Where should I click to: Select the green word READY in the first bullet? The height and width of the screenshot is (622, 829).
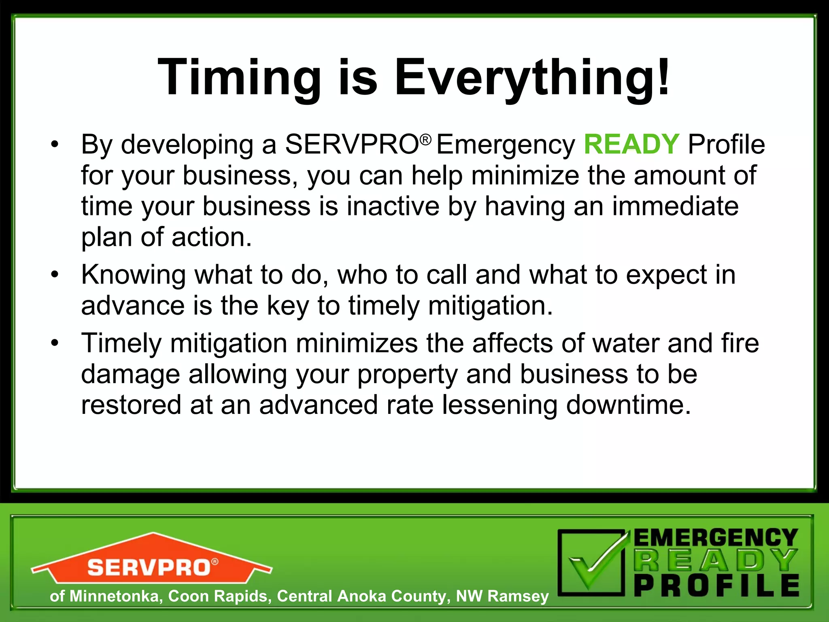(631, 144)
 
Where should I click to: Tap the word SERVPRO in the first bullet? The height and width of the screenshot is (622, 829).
(352, 144)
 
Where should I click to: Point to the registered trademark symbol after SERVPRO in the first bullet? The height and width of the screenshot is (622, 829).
(425, 140)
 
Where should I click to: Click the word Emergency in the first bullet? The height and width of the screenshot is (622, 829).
(506, 145)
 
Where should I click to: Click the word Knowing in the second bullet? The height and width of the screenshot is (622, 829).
(133, 275)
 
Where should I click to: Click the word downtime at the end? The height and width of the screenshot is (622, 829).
(628, 405)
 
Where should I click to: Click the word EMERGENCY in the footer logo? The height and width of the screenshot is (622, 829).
(715, 538)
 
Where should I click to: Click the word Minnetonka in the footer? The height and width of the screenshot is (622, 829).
(114, 596)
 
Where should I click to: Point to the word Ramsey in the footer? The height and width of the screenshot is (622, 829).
(518, 596)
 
